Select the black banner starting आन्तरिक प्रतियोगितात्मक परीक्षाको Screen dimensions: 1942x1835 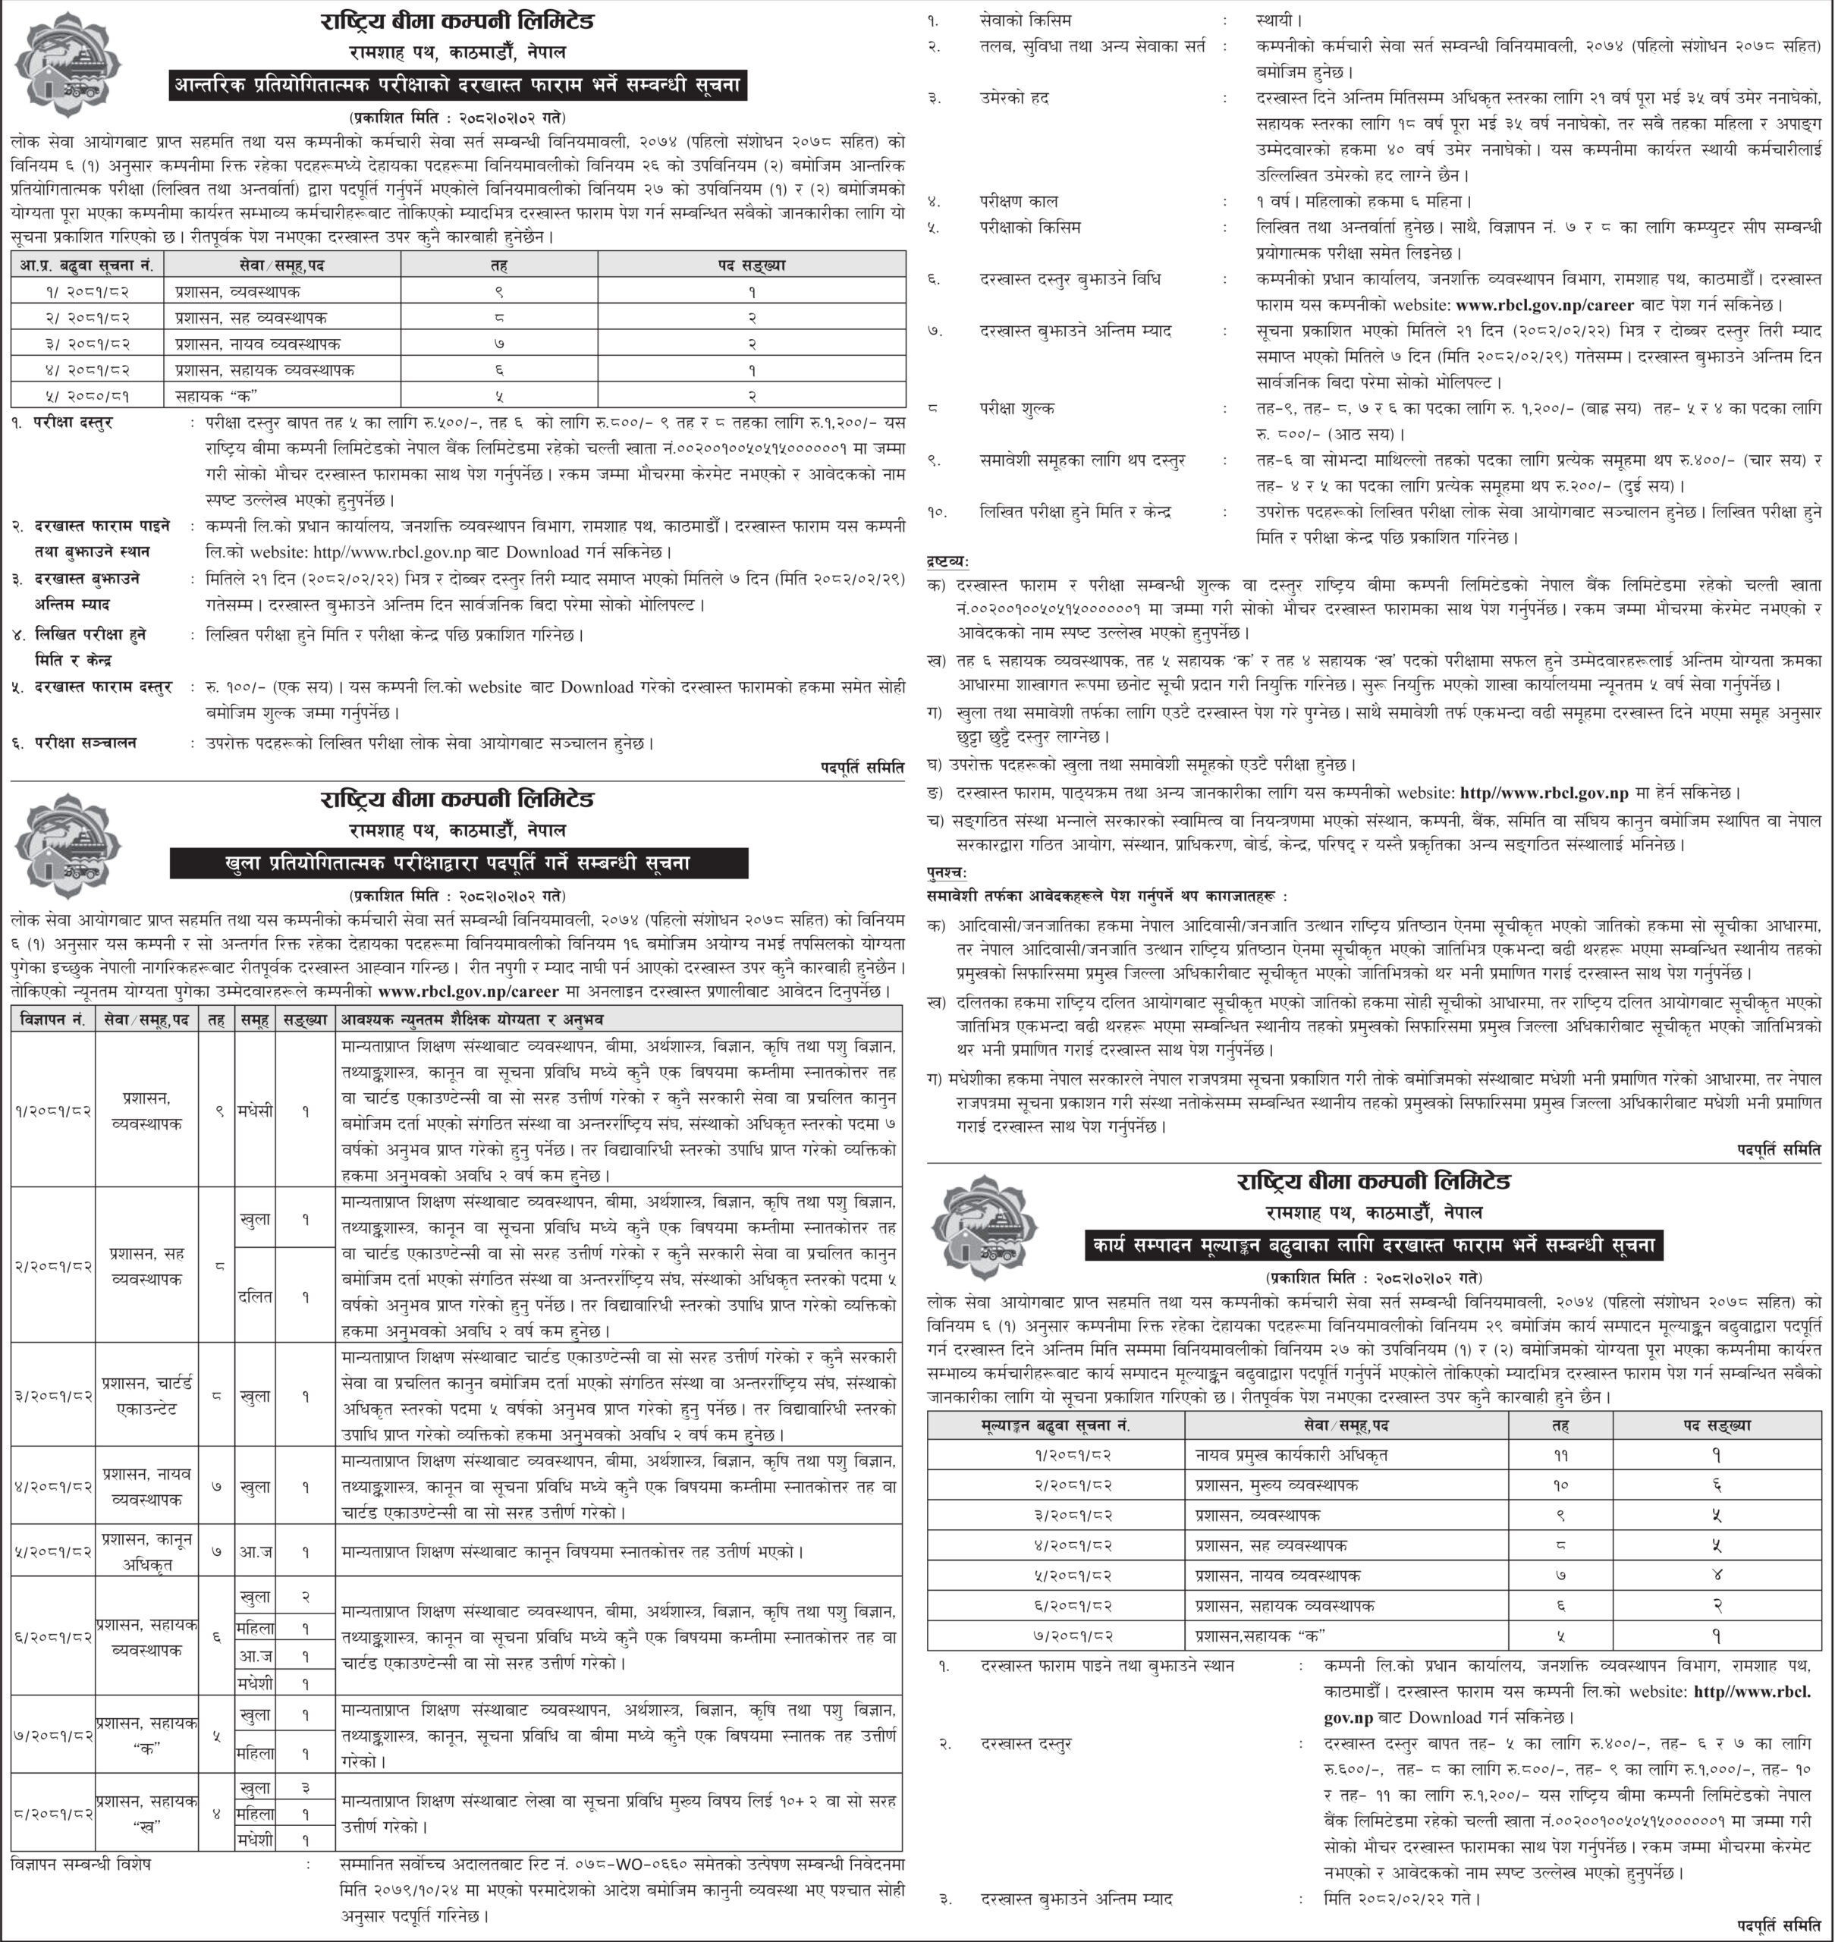pyautogui.click(x=457, y=86)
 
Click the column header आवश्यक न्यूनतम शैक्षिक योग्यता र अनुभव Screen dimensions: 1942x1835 pyautogui.click(x=472, y=1020)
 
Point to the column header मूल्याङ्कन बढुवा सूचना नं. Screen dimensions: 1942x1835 pyautogui.click(x=1054, y=1425)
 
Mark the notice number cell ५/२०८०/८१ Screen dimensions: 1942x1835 pyautogui.click(x=87, y=396)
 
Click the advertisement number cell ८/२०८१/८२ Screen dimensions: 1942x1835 pyautogui.click(x=54, y=1813)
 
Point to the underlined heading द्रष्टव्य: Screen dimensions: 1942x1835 pyautogui.click(x=947, y=561)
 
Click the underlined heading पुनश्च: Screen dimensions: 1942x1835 pyautogui.click(x=946, y=871)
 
